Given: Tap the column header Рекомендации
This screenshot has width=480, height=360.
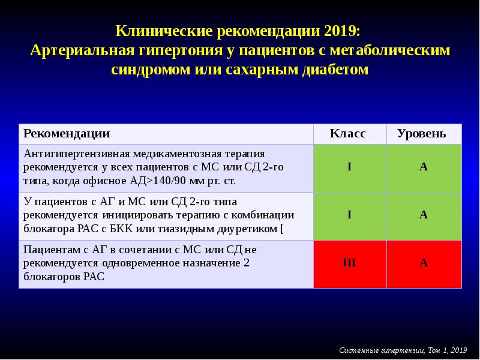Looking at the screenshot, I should point(67,133).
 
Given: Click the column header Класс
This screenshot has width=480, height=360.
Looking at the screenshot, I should point(347,133).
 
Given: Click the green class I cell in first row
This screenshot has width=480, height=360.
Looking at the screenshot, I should point(349,167).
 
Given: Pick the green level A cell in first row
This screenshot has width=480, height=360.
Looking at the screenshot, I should point(424,167).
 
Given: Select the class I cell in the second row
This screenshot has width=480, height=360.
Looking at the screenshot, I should point(349,215).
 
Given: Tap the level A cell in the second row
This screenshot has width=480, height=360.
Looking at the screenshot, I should point(424,215).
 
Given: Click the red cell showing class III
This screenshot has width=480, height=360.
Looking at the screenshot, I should point(349,263).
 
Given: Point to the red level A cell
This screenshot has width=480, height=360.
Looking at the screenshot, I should point(424,263).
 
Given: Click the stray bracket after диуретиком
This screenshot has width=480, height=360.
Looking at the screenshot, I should point(282,229).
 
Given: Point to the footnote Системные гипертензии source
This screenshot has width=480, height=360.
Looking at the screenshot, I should point(403,350).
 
